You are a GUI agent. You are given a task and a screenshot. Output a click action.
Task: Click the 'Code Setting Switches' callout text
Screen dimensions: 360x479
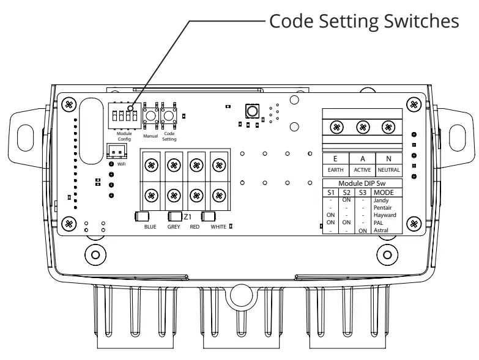[362, 21]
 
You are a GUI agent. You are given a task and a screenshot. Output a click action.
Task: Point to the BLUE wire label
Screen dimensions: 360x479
[150, 227]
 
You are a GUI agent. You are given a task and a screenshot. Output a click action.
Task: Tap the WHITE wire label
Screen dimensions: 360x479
[218, 227]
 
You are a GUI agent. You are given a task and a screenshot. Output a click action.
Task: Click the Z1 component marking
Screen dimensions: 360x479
[187, 216]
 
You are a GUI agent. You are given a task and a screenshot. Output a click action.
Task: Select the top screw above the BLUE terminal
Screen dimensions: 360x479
[151, 164]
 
